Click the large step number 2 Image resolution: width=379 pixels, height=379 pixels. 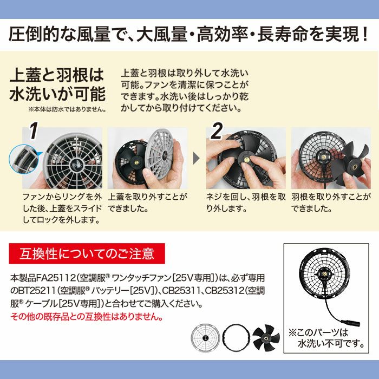click(217, 132)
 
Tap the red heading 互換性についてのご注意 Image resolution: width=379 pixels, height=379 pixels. click(86, 253)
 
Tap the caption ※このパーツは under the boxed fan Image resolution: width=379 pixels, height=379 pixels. click(318, 332)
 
